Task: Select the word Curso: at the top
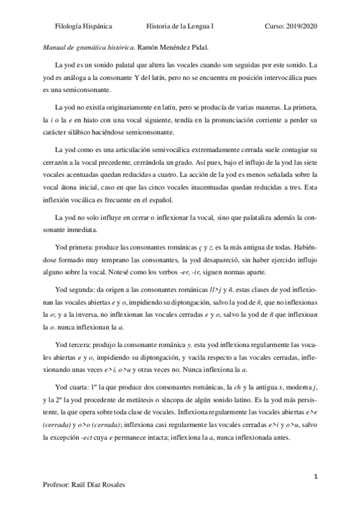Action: tap(275, 26)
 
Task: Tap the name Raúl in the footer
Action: tap(83, 485)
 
